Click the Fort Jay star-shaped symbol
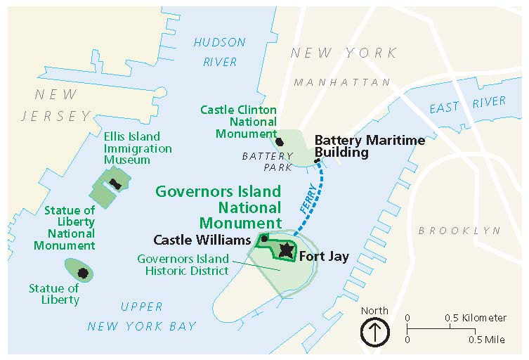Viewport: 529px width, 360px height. [x=286, y=250]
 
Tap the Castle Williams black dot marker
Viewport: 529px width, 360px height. [x=265, y=238]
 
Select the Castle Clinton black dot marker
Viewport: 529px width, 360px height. [x=280, y=141]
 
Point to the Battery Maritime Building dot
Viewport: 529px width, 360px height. [x=318, y=161]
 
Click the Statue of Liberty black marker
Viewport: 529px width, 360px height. [x=83, y=272]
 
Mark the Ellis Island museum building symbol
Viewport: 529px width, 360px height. [x=114, y=184]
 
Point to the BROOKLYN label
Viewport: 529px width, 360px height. [x=459, y=231]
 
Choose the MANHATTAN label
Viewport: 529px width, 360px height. [x=342, y=83]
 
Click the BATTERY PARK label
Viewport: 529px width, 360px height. [x=267, y=161]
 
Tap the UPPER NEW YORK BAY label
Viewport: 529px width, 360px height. [x=141, y=316]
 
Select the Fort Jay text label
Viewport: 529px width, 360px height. [x=324, y=257]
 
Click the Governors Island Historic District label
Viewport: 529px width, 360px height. [x=183, y=264]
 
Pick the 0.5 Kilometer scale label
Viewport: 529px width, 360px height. [x=476, y=318]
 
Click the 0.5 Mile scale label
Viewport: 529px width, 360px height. [x=486, y=340]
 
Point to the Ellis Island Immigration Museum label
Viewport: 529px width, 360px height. [x=137, y=148]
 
